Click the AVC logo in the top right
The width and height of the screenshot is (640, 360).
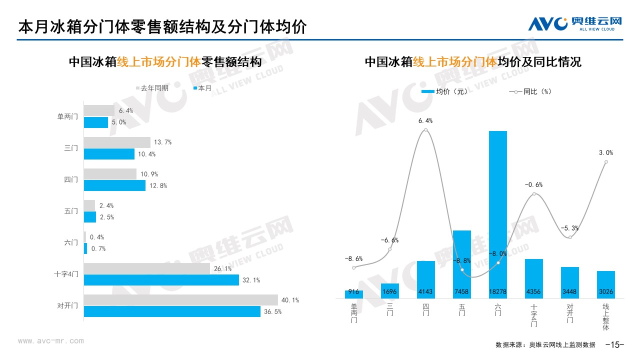(x=575, y=23)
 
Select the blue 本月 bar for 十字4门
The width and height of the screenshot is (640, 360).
(x=161, y=280)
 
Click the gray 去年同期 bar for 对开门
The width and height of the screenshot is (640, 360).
(x=180, y=300)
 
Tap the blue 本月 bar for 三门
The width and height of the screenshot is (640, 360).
(x=109, y=154)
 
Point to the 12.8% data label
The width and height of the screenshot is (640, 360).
(x=158, y=185)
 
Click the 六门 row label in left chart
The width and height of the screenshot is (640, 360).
(x=71, y=242)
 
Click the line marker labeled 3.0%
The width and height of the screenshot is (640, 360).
(x=606, y=161)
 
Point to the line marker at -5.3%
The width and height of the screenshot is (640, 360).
(x=570, y=237)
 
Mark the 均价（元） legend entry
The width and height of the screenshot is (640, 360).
(x=445, y=91)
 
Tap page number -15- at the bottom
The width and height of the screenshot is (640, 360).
(x=615, y=344)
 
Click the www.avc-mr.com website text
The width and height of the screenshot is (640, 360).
(x=51, y=341)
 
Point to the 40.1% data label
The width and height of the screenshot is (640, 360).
(x=290, y=300)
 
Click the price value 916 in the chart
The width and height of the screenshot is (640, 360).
(x=353, y=292)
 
